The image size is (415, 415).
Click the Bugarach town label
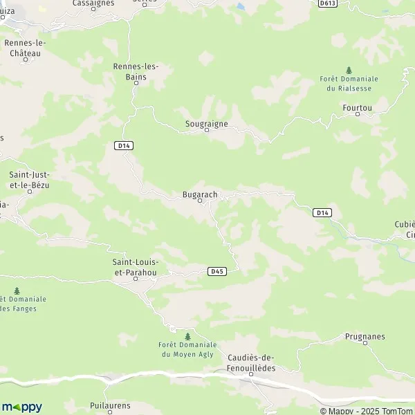click(200, 195)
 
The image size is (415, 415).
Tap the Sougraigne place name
click(206, 124)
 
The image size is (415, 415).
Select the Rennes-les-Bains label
click(136, 71)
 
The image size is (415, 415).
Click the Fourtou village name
click(357, 108)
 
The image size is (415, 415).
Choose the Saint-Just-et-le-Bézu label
click(29, 181)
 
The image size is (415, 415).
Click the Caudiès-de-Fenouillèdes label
click(251, 362)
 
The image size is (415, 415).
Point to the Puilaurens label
click(110, 406)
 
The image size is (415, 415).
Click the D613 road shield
click(327, 3)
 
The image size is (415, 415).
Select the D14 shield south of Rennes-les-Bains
click(124, 145)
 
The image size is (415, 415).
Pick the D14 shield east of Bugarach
click(321, 212)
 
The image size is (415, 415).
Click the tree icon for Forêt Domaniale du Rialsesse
click(349, 70)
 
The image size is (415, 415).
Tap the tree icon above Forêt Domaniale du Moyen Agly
click(187, 336)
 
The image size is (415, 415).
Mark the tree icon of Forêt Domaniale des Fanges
click(17, 290)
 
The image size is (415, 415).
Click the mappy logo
click(21, 407)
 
